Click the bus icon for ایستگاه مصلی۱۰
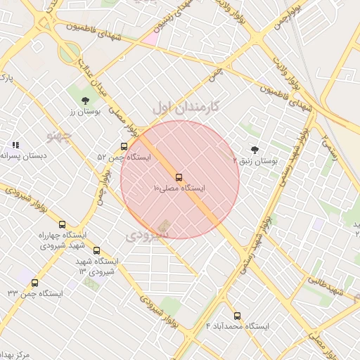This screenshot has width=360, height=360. tap(179, 177)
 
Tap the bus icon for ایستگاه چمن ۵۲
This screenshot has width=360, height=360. tap(124, 147)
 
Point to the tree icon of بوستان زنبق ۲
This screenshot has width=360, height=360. tap(254, 150)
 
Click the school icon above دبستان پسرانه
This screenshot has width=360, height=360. tap(15, 144)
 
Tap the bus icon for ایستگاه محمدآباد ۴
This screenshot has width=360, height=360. tap(236, 316)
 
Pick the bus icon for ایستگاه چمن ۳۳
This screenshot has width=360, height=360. tap(35, 283)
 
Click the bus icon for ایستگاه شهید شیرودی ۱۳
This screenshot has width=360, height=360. tap(96, 250)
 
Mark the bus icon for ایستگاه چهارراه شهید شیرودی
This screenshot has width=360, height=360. tap(63, 224)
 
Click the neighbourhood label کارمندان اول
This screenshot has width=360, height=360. tap(186, 106)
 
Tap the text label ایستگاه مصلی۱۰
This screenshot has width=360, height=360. tap(179, 188)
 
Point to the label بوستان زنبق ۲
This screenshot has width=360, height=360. tap(255, 161)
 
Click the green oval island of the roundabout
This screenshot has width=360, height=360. tap(69, 53)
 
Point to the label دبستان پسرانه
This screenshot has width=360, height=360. tap(23, 155)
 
